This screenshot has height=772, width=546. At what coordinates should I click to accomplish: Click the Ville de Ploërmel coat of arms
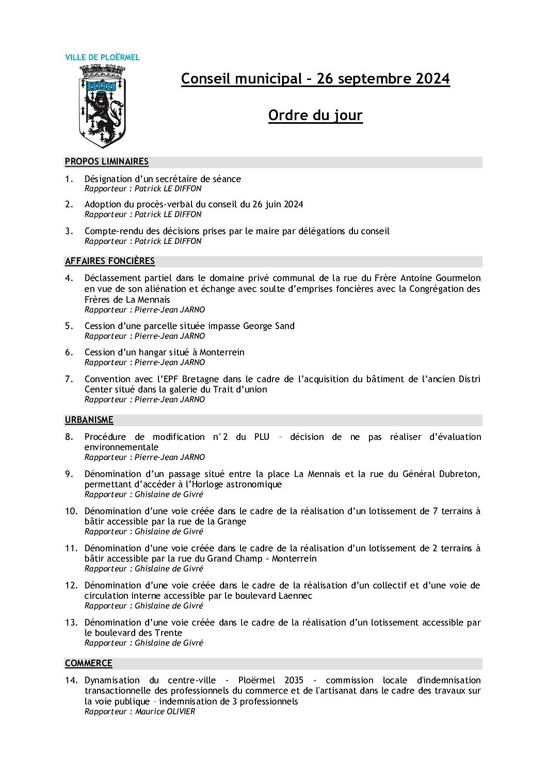click(x=102, y=106)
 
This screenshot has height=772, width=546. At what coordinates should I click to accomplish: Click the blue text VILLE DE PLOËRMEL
click(x=102, y=57)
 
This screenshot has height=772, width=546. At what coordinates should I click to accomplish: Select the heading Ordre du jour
click(x=315, y=116)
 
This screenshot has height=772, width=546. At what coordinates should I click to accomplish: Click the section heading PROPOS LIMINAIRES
click(x=107, y=162)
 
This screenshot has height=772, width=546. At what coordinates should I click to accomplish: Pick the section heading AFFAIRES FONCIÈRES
click(x=110, y=261)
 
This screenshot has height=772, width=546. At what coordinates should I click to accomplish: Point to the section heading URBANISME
click(x=89, y=420)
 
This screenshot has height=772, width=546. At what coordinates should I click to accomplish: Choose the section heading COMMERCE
click(x=89, y=664)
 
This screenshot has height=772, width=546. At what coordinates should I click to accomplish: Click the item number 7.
click(x=69, y=379)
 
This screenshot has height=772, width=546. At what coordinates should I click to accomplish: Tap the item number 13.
click(x=71, y=622)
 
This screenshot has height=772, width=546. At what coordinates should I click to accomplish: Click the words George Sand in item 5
click(x=269, y=326)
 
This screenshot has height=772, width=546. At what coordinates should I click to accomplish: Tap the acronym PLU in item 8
click(x=262, y=437)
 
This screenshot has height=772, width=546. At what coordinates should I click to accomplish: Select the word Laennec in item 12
click(x=295, y=596)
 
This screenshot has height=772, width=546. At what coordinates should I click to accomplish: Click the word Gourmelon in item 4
click(x=458, y=278)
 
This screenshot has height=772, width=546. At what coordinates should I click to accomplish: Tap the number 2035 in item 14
click(x=294, y=680)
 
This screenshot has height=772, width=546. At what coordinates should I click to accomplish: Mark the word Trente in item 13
click(x=169, y=633)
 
